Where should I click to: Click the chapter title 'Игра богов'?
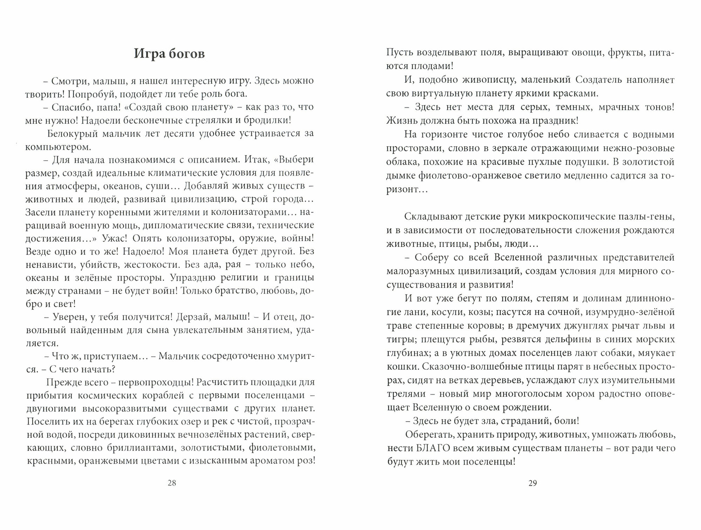(169, 54)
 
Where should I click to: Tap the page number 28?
(172, 483)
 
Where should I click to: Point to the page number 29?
(532, 483)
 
